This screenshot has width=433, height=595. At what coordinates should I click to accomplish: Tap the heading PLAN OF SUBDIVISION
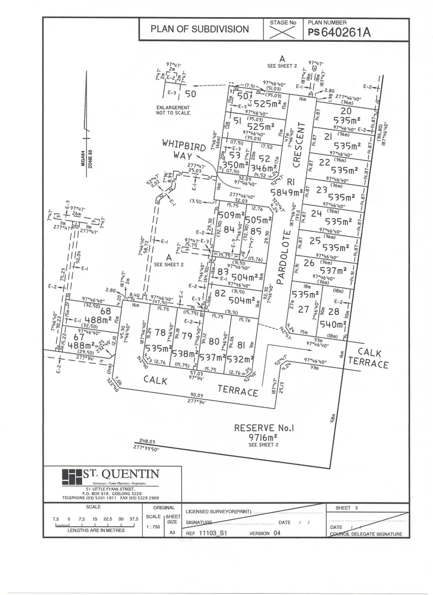(200, 29)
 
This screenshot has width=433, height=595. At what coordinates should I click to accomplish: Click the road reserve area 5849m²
(287, 192)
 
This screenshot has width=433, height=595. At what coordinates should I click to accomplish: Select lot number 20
(346, 110)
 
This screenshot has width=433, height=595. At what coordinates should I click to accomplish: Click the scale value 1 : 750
(154, 527)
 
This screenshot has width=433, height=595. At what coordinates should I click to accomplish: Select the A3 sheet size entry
(172, 533)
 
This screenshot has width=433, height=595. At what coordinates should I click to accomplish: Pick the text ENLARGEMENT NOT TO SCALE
(173, 110)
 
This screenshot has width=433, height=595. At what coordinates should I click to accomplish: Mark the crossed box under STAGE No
(283, 33)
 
